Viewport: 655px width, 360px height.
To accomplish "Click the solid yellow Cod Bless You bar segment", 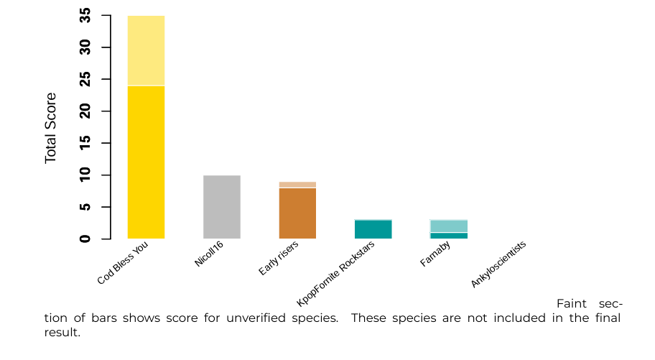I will pyautogui.click(x=146, y=162).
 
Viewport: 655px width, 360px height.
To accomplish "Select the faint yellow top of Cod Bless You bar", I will pyautogui.click(x=146, y=50).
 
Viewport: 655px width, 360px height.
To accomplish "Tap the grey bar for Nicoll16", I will pyautogui.click(x=222, y=207).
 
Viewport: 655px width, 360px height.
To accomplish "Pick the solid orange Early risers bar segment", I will pyautogui.click(x=297, y=213).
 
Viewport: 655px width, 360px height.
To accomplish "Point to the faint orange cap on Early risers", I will pyautogui.click(x=297, y=185).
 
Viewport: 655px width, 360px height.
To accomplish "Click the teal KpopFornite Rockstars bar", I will pyautogui.click(x=373, y=229).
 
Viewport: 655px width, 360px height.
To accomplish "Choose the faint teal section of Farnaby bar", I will pyautogui.click(x=449, y=226).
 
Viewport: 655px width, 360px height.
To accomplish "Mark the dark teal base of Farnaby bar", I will pyautogui.click(x=449, y=236).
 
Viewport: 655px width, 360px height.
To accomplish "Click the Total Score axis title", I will pyautogui.click(x=51, y=127).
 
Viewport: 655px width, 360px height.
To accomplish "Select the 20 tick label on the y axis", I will pyautogui.click(x=86, y=111).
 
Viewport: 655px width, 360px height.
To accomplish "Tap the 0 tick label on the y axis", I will pyautogui.click(x=86, y=239).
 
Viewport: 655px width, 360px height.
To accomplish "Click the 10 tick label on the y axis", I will pyautogui.click(x=86, y=175).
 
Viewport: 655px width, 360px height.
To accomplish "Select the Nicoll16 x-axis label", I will pyautogui.click(x=209, y=254).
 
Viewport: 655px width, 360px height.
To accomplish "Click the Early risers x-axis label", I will pyautogui.click(x=279, y=259).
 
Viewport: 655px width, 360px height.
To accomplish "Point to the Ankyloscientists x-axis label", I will pyautogui.click(x=499, y=264).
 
